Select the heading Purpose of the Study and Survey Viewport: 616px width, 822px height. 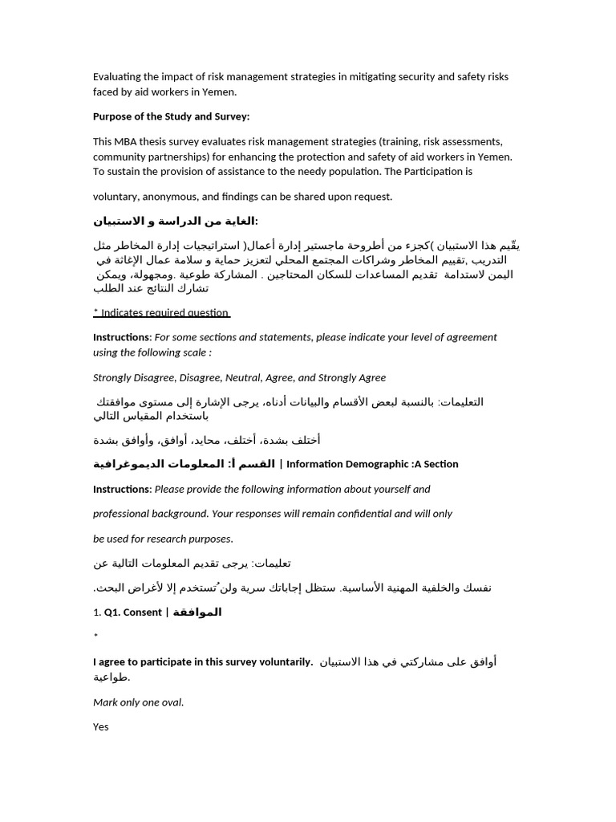pyautogui.click(x=171, y=116)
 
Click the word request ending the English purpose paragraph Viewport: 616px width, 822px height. pyautogui.click(x=371, y=197)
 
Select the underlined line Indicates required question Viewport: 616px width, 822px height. pyautogui.click(x=161, y=313)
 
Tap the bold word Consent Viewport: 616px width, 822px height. pyautogui.click(x=142, y=612)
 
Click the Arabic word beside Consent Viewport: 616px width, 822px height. pyautogui.click(x=197, y=612)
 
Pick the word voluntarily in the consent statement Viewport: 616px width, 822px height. pyautogui.click(x=282, y=662)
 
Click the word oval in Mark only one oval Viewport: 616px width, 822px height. pyautogui.click(x=170, y=702)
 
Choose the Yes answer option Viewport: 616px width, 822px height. pyautogui.click(x=101, y=727)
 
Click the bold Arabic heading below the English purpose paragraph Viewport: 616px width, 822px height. pyautogui.click(x=176, y=222)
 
